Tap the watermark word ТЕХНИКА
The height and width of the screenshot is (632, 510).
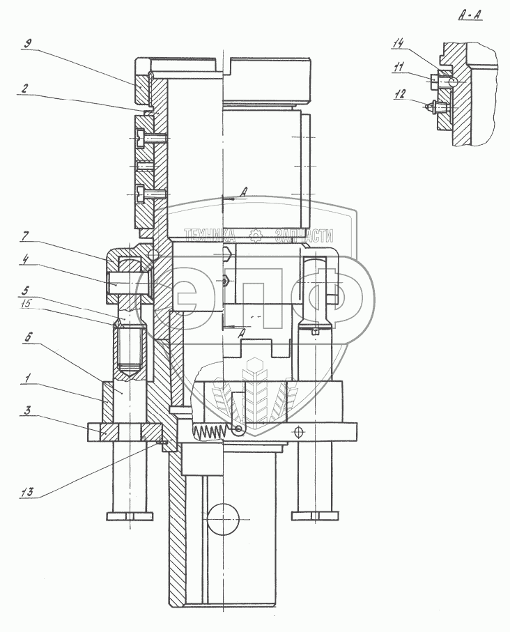point(211,234)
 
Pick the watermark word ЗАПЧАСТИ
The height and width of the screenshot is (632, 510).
point(304,234)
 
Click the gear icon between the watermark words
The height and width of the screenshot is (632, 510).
point(256,234)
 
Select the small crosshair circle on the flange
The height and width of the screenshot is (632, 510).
point(300,432)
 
